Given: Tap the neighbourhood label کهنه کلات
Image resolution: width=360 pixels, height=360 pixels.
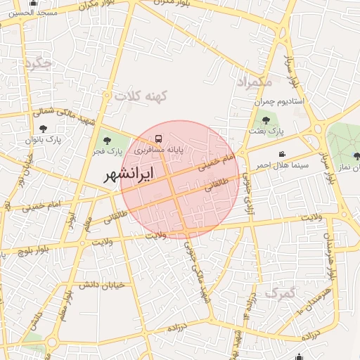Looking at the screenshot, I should [139, 96].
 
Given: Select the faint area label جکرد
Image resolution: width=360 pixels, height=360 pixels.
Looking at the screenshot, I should [38, 64].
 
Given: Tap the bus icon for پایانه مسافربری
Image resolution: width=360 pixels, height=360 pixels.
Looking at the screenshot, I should [158, 139].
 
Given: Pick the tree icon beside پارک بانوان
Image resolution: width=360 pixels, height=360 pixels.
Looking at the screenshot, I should [44, 129].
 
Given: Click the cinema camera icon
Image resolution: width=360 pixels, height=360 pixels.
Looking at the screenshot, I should [282, 154].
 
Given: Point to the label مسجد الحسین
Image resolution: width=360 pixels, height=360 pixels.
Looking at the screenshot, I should [20, 13].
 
